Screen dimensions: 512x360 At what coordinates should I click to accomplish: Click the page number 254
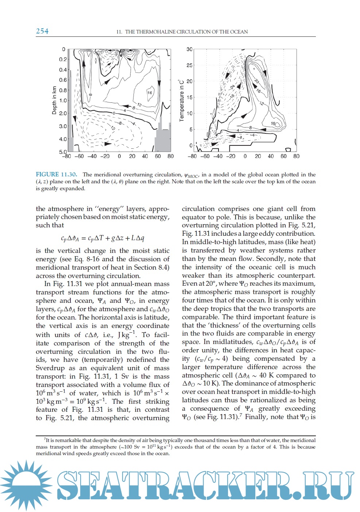pyautogui.click(x=42, y=31)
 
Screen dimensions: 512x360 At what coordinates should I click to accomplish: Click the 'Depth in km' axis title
pyautogui.click(x=54, y=101)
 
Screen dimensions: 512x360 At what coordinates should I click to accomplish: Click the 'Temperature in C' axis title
pyautogui.click(x=181, y=101)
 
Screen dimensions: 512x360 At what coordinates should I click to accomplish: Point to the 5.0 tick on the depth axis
pyautogui.click(x=63, y=152)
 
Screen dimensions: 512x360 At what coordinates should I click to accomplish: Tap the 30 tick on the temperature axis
pyautogui.click(x=189, y=49)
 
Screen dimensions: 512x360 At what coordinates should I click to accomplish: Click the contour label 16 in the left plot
pyautogui.click(x=150, y=93)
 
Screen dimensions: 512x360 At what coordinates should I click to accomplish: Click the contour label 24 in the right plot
pyautogui.click(x=232, y=87)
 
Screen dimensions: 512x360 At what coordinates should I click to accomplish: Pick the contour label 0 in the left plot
pyautogui.click(x=113, y=113)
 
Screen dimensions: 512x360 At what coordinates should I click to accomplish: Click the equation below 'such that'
pyautogui.click(x=102, y=238)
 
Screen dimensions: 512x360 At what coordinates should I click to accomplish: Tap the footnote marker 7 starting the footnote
pyautogui.click(x=44, y=440)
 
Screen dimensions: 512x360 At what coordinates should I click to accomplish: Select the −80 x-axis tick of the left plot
pyautogui.click(x=66, y=156)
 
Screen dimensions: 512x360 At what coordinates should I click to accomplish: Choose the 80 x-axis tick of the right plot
pyautogui.click(x=296, y=156)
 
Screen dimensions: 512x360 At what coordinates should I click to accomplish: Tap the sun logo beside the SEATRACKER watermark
pyautogui.click(x=26, y=485)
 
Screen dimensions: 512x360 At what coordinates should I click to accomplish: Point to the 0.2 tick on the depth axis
pyautogui.click(x=63, y=59)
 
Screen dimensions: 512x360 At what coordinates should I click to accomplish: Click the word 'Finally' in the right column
pyautogui.click(x=259, y=417)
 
